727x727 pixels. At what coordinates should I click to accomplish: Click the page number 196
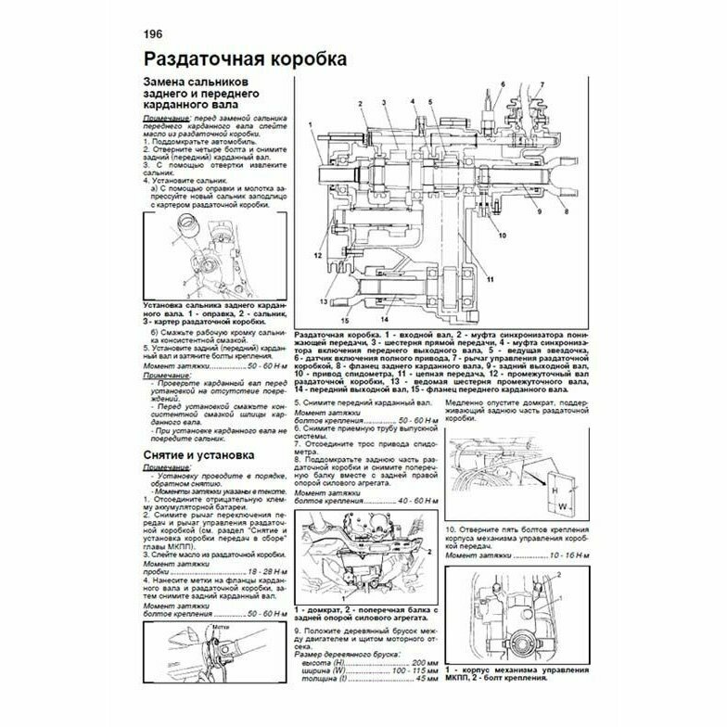(x=154, y=34)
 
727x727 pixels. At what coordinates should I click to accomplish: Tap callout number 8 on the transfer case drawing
(x=565, y=212)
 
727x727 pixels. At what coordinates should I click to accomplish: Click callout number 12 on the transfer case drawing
(x=316, y=253)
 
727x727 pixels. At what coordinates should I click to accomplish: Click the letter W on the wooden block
(x=563, y=505)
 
